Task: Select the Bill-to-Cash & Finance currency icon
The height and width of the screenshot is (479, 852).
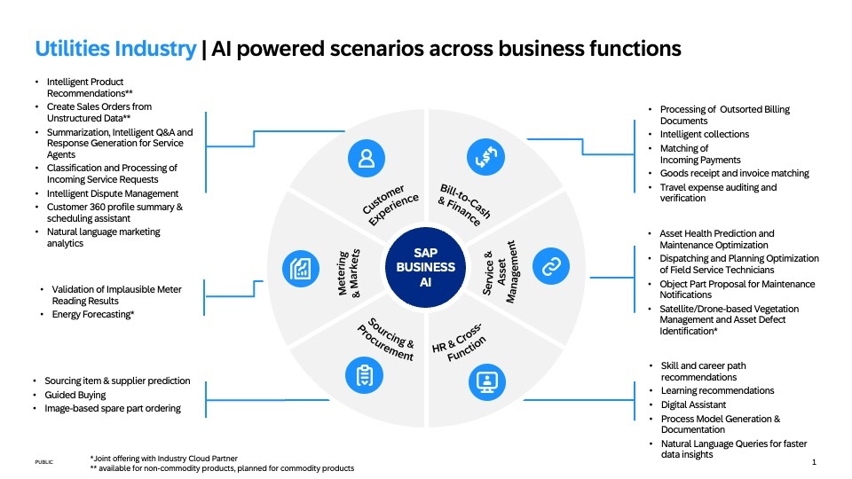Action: [x=485, y=158]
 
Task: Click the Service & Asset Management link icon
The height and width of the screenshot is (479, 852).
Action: [x=550, y=265]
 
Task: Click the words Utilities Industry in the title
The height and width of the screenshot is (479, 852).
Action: [x=115, y=49]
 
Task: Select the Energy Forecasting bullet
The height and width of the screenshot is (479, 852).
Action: [x=93, y=314]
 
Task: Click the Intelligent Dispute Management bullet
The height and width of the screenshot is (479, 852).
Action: [x=113, y=193]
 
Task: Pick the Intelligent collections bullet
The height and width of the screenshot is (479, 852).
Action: [x=704, y=135]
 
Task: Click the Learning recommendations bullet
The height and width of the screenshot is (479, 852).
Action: [x=717, y=390]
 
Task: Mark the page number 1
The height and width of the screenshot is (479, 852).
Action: [x=814, y=462]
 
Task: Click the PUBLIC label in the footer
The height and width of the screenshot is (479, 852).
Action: [x=43, y=462]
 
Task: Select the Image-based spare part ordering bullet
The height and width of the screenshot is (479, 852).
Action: [x=113, y=408]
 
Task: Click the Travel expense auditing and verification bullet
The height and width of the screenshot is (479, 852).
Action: [x=718, y=193]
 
